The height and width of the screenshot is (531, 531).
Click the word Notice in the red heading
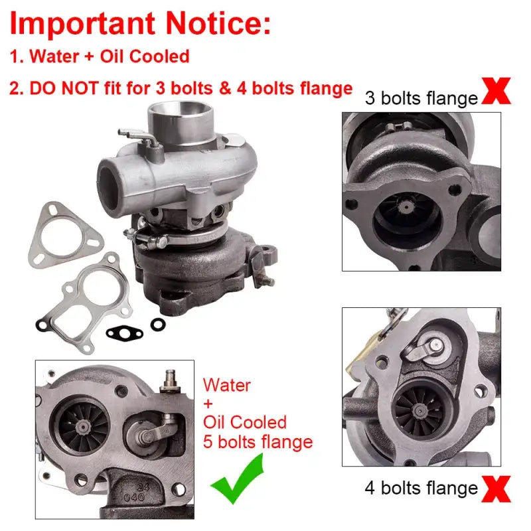tap(218, 23)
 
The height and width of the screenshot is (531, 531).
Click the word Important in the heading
tap(82, 25)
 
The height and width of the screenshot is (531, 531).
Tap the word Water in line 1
tap(54, 56)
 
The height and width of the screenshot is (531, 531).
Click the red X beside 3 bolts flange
tap(496, 91)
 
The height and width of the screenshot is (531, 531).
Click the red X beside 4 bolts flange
tap(496, 489)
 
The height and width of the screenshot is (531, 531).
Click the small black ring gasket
tap(158, 325)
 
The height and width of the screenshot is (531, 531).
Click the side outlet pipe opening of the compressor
tap(109, 187)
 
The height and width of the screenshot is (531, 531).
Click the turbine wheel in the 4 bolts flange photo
tap(420, 410)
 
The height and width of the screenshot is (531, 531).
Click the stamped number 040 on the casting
tap(135, 497)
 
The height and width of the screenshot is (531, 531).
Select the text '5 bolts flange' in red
tap(258, 441)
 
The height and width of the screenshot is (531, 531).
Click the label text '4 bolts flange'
tap(421, 488)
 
